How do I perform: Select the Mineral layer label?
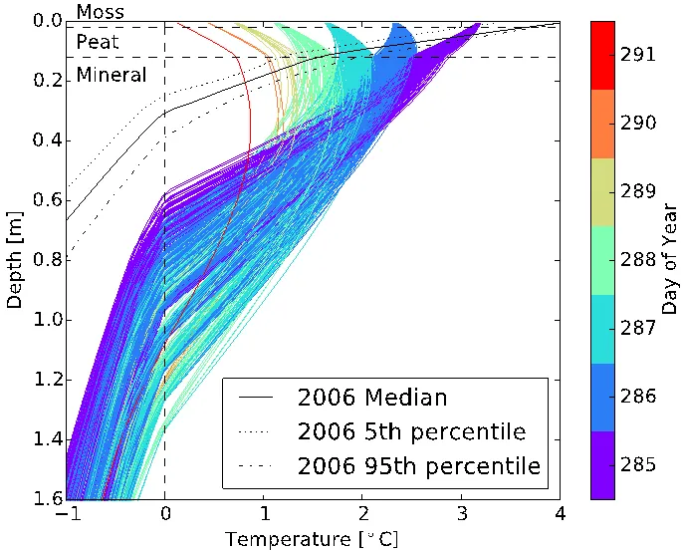tap(111, 75)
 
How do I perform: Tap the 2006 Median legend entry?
tap(372, 398)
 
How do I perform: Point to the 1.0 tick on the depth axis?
tap(46, 320)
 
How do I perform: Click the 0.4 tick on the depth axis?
tap(46, 140)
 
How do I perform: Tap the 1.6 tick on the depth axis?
tap(46, 498)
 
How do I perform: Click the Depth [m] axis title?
tap(14, 259)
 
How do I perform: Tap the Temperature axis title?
tap(312, 538)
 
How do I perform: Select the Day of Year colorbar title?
tap(670, 259)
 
